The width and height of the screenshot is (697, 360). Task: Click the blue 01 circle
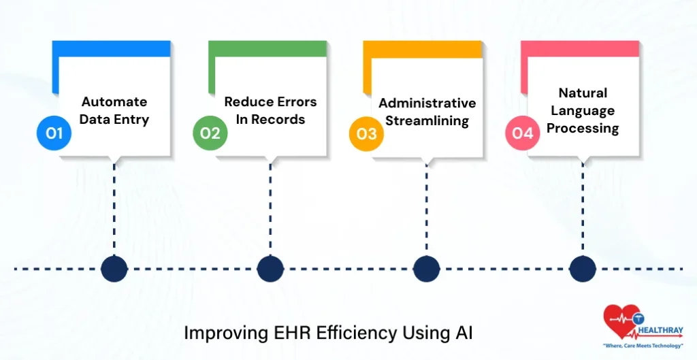(54, 133)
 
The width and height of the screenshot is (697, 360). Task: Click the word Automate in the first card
(114, 102)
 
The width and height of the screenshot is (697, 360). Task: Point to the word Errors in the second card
(295, 102)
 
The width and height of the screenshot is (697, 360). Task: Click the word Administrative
(427, 103)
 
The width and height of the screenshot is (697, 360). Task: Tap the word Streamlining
(427, 121)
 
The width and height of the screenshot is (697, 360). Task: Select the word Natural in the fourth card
(583, 93)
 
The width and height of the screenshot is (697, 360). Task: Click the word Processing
(583, 128)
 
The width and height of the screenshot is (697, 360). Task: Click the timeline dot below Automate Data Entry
(114, 269)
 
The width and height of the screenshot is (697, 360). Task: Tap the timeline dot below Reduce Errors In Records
(270, 269)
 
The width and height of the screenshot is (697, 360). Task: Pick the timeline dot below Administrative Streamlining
(426, 269)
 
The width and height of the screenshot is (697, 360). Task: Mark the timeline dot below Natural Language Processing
(583, 269)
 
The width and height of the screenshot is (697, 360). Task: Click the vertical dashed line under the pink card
(583, 204)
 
